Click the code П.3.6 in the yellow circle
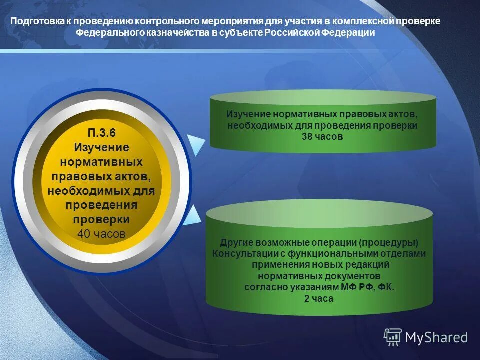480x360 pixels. coord(101,133)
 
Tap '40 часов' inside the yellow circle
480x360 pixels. coord(101,234)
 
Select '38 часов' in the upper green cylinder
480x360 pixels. coord(322,136)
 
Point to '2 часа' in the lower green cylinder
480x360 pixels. coord(319,298)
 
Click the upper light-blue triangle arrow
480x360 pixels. coord(195,144)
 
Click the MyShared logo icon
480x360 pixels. coord(393,337)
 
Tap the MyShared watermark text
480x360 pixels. coord(436,338)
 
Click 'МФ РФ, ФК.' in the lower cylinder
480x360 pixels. coord(368,287)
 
